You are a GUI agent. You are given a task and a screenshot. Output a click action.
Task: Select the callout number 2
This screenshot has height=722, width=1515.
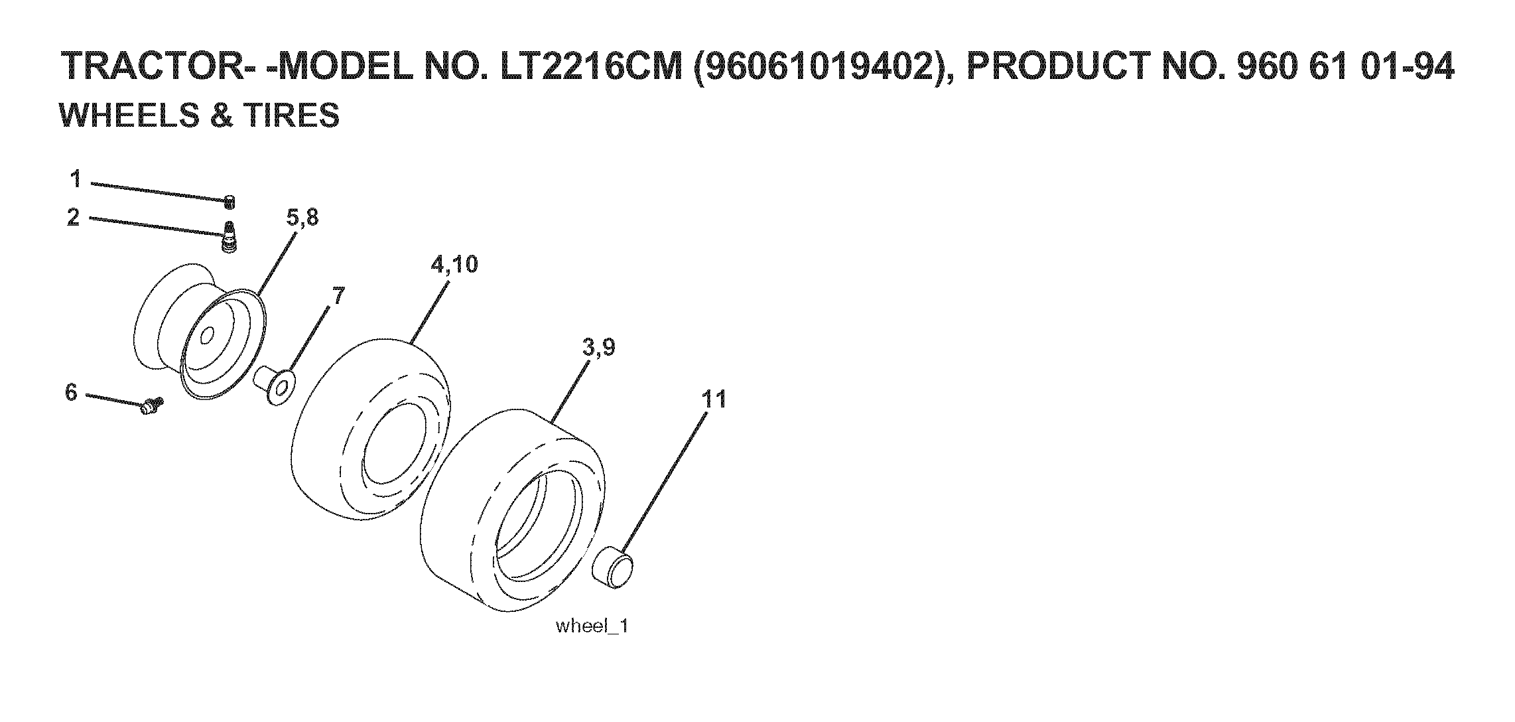[74, 217]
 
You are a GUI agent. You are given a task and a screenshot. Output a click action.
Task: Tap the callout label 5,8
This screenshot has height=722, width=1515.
[302, 217]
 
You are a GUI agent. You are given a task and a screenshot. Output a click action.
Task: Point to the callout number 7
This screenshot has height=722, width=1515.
[338, 296]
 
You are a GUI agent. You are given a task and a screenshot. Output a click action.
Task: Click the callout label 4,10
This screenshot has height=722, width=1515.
[454, 264]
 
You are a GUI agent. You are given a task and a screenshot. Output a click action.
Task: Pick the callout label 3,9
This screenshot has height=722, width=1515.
[599, 347]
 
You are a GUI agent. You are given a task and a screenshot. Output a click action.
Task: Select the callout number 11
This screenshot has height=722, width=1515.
[714, 399]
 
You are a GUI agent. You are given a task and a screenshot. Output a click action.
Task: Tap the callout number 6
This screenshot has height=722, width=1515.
[72, 392]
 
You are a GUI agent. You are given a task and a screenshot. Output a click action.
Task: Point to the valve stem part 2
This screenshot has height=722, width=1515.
[229, 238]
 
